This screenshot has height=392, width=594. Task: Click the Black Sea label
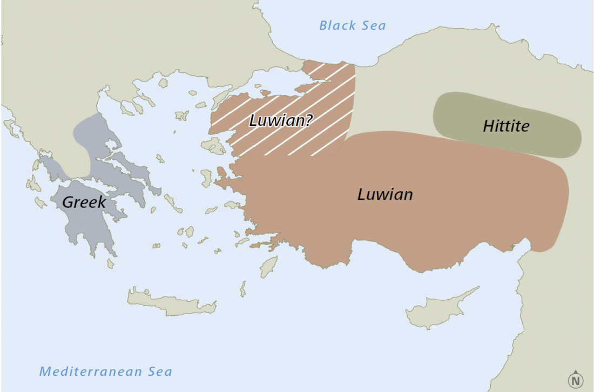click(x=352, y=25)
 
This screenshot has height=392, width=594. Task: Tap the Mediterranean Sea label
click(x=106, y=371)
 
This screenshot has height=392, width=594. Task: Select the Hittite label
click(x=506, y=126)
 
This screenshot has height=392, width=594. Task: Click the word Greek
click(x=84, y=202)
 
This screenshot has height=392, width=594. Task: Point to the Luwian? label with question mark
click(x=280, y=120)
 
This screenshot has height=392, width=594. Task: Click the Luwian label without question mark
click(x=385, y=194)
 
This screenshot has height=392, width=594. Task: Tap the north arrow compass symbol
click(x=576, y=379)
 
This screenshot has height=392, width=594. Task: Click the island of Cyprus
click(x=437, y=309)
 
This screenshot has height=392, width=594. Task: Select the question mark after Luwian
click(x=309, y=120)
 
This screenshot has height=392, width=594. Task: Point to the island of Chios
click(x=206, y=178)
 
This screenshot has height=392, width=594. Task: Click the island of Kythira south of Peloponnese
click(x=111, y=263)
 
